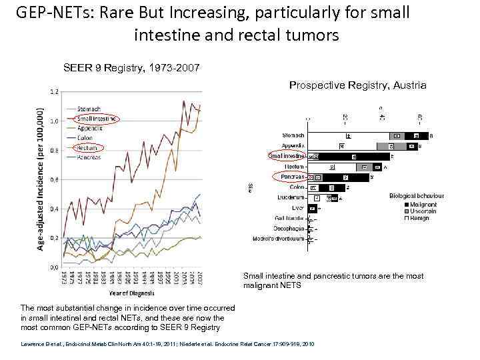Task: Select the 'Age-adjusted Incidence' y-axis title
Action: (x=41, y=180)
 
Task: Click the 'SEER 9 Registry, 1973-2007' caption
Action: (x=130, y=68)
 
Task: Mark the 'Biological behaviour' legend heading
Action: (x=416, y=196)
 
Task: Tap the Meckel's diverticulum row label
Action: (x=279, y=239)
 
